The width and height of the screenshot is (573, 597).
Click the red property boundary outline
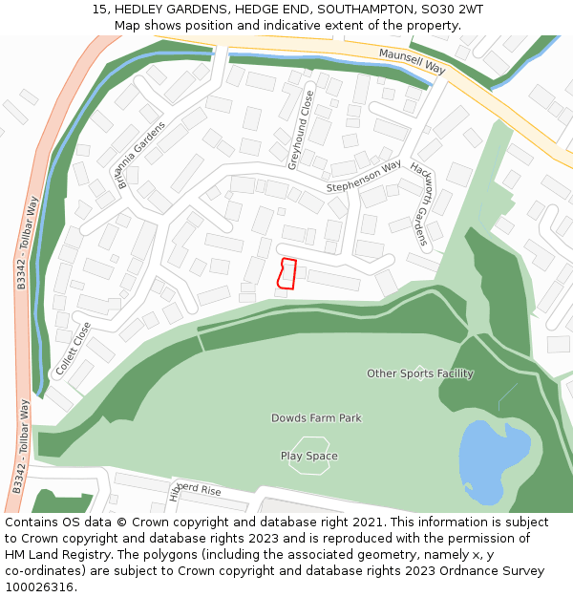[286, 273]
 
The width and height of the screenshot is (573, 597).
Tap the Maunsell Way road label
[412, 62]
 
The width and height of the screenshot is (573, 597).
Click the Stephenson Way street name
[364, 177]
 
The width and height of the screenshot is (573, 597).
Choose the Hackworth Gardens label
[420, 203]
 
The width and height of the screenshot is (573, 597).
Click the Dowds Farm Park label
[316, 418]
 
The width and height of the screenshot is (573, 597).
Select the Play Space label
[308, 457]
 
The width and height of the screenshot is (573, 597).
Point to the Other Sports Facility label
[420, 373]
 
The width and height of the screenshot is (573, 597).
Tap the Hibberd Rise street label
[195, 490]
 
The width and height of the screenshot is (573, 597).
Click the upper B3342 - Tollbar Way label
[27, 243]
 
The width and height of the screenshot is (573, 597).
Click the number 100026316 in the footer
[39, 587]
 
